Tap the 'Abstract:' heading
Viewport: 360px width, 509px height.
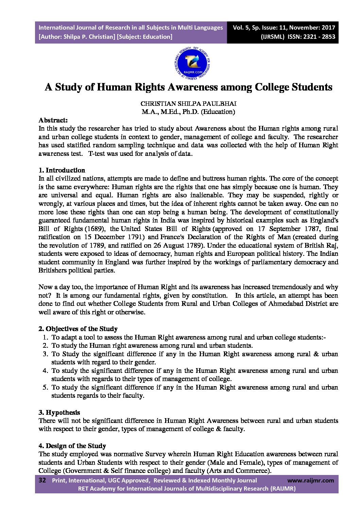(53, 120)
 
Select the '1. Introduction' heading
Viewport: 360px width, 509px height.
(62, 170)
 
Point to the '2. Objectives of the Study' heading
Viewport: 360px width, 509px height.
(78, 329)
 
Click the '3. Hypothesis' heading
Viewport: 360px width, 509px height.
(59, 412)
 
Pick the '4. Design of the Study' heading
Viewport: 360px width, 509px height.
(72, 446)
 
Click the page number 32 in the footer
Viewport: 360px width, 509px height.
(42, 480)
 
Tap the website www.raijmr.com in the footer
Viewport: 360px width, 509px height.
(311, 480)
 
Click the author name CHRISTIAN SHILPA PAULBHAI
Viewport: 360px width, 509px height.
(188, 103)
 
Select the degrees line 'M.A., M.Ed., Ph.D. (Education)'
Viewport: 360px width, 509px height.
(188, 112)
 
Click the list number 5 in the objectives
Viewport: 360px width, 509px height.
(45, 387)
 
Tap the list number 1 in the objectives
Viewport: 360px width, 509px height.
(45, 337)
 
